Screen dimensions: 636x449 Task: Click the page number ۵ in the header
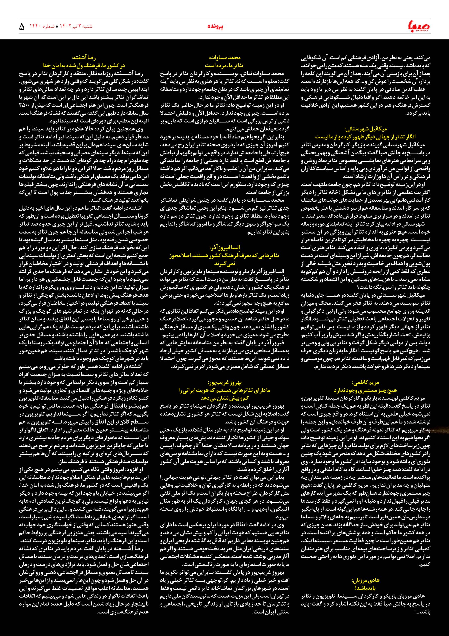click(x=22, y=27)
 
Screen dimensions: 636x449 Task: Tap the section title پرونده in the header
click(x=215, y=26)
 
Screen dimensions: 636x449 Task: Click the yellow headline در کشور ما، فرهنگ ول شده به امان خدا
click(x=84, y=66)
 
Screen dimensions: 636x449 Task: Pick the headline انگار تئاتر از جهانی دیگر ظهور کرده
click(x=366, y=137)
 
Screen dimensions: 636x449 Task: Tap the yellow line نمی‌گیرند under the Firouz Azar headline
click(x=225, y=263)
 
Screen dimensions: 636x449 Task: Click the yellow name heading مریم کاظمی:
click(x=366, y=383)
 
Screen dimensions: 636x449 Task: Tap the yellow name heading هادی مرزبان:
click(x=366, y=563)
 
